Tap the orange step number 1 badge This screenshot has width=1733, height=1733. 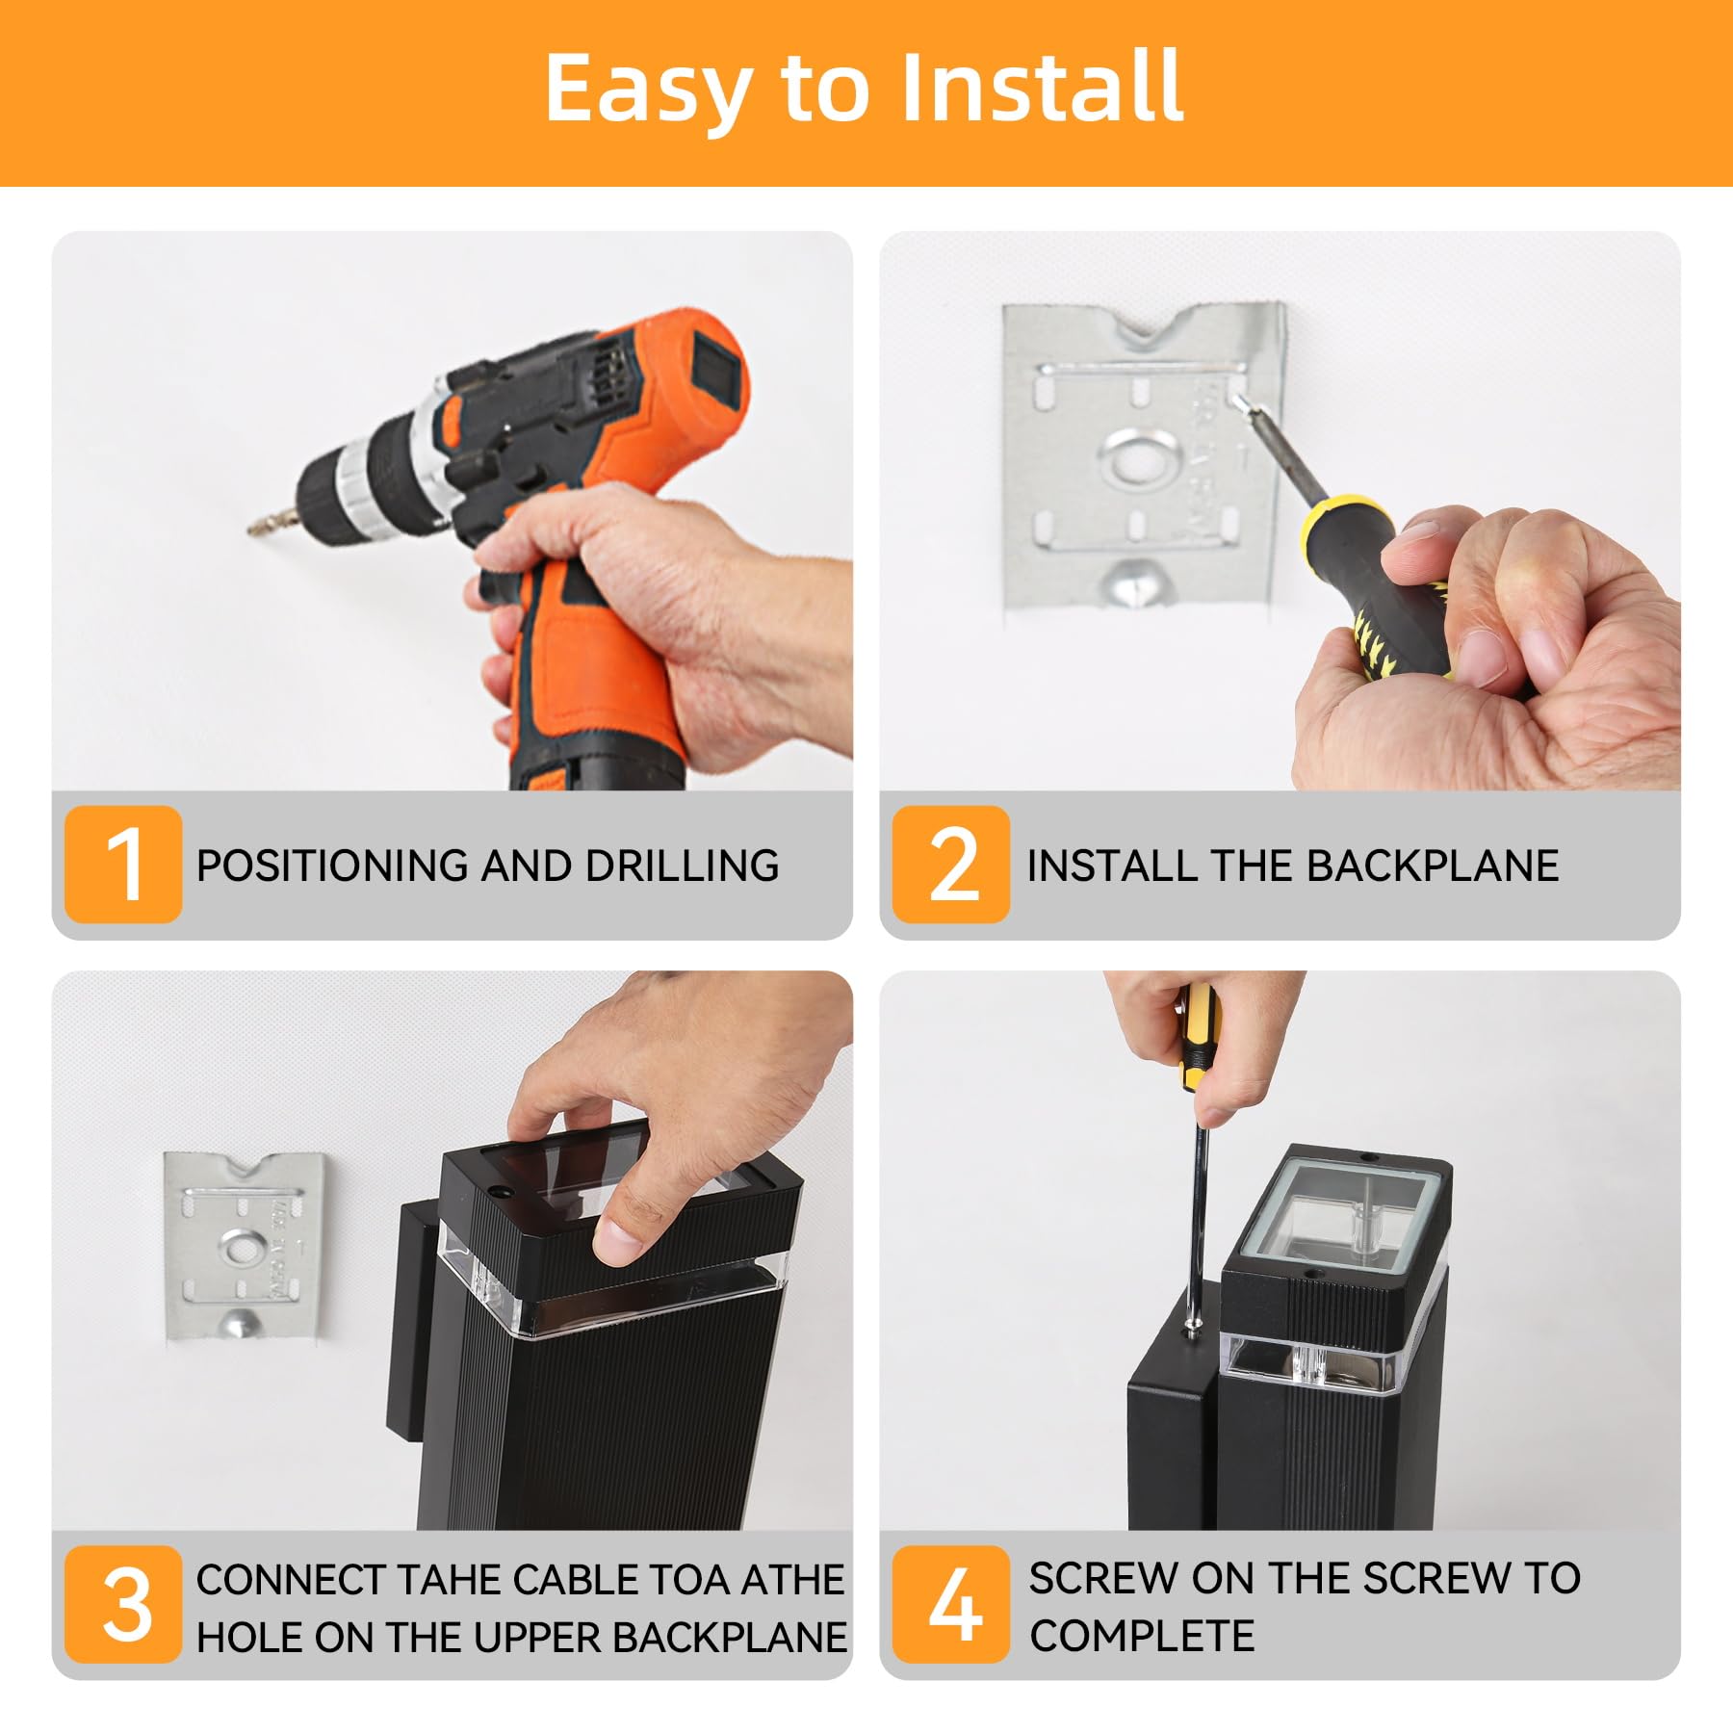click(x=123, y=864)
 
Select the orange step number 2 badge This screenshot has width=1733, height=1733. click(x=951, y=864)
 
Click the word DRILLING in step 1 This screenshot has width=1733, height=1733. click(x=682, y=866)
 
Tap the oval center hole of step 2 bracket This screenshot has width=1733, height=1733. click(x=1141, y=459)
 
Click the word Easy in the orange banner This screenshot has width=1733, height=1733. click(x=647, y=89)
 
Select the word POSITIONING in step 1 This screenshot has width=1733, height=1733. click(x=333, y=866)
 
